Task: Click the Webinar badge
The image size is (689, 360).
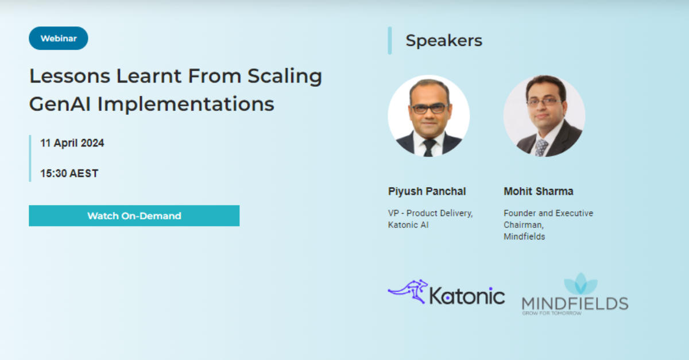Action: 59,38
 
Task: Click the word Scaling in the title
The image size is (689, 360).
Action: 285,76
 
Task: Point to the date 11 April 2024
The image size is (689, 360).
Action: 72,144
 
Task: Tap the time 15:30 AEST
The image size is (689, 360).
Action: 69,173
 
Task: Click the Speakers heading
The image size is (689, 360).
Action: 444,41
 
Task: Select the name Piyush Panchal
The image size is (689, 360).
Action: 427,191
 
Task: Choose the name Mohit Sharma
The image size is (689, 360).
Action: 539,191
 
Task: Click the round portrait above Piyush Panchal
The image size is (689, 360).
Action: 428,116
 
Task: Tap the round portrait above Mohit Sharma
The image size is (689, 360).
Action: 544,116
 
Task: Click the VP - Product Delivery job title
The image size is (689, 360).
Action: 431,213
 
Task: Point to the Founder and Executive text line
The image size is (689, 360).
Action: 548,213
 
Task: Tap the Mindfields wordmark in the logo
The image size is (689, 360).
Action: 575,303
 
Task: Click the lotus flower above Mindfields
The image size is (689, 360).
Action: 580,284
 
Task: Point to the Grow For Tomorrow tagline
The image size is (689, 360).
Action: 552,313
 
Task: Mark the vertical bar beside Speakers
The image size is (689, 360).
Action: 390,41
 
